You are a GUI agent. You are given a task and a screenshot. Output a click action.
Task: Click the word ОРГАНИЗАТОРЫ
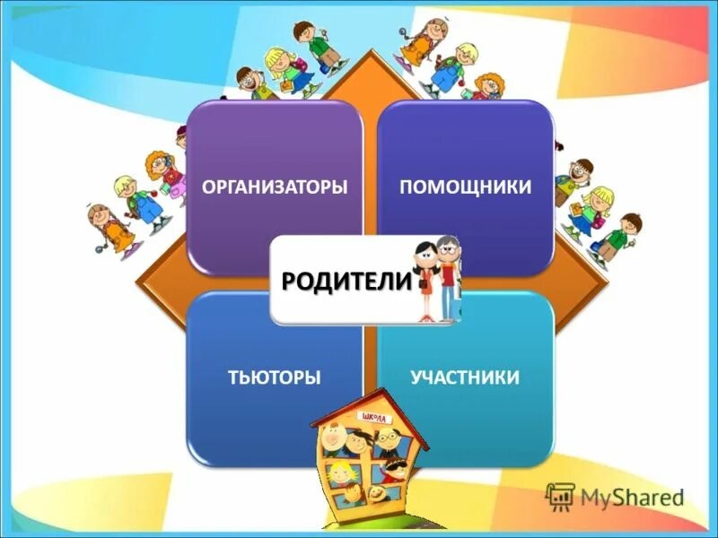tap(275, 187)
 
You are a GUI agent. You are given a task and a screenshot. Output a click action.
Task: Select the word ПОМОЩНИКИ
tap(465, 187)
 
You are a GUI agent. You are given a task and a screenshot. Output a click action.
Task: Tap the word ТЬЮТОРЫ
tap(275, 377)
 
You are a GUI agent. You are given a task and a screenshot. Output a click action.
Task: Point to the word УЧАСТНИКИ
tap(465, 377)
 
